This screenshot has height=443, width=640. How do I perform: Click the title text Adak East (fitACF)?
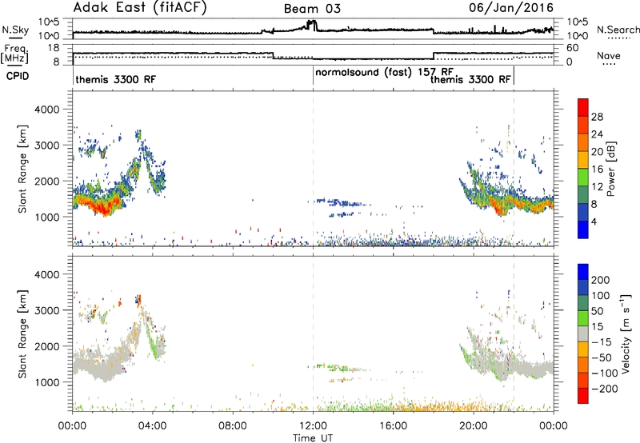(140, 8)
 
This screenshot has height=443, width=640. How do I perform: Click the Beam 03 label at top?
(312, 9)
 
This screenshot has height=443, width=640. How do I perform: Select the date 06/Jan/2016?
(511, 8)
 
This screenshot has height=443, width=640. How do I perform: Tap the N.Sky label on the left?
(15, 30)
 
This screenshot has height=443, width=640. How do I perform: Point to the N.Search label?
(618, 30)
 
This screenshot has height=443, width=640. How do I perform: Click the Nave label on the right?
(609, 55)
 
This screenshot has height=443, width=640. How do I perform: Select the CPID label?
(18, 76)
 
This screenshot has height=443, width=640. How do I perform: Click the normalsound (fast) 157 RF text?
(384, 72)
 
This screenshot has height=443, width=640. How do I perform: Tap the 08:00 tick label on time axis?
(233, 426)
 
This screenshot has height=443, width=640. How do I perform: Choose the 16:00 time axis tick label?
(393, 426)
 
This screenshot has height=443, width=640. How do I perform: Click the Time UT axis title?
(313, 438)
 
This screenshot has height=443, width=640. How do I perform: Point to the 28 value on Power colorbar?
(597, 117)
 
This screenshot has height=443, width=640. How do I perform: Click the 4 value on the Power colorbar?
(594, 221)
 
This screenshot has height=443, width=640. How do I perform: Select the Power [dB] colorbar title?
(610, 169)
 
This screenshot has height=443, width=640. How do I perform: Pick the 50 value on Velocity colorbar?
(598, 311)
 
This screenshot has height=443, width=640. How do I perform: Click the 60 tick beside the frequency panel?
(573, 48)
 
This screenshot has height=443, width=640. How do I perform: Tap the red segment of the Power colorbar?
(583, 107)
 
